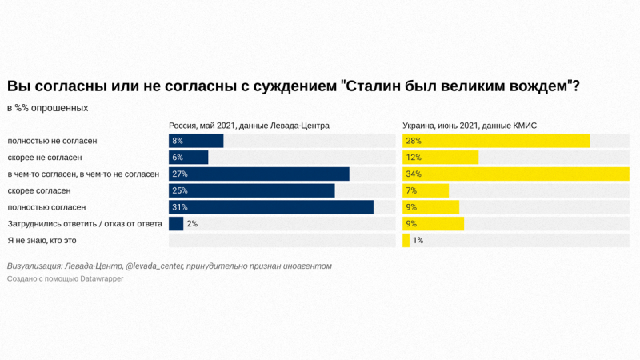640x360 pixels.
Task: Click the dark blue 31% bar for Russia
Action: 271,207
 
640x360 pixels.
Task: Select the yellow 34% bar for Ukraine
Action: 515,174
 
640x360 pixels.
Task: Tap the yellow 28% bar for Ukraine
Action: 496,141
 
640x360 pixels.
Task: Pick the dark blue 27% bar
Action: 259,174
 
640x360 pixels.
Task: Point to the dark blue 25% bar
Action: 252,190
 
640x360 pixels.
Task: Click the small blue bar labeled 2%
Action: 176,224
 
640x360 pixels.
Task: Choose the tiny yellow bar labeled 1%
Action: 406,240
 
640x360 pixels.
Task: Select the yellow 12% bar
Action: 440,158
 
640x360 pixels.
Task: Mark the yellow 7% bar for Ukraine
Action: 426,190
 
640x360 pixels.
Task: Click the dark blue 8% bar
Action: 196,141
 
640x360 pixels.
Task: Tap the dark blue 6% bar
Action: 189,158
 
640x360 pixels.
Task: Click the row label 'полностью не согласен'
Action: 52,141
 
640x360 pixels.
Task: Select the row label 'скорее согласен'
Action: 39,190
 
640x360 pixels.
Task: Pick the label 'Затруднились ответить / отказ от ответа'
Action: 85,224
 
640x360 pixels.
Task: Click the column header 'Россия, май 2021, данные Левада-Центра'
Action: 249,126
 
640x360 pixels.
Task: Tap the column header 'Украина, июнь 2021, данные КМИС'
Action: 470,126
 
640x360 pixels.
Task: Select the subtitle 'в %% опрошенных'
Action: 47,107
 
